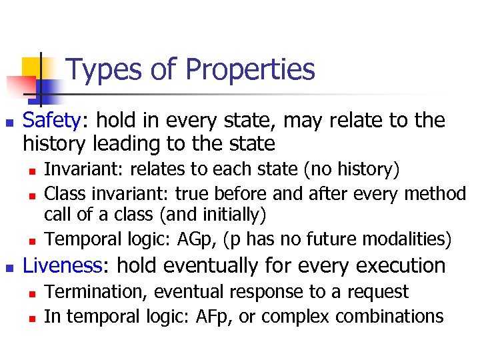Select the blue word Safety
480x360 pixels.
(51, 121)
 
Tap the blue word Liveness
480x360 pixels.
(62, 266)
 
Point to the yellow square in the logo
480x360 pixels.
(32, 67)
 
